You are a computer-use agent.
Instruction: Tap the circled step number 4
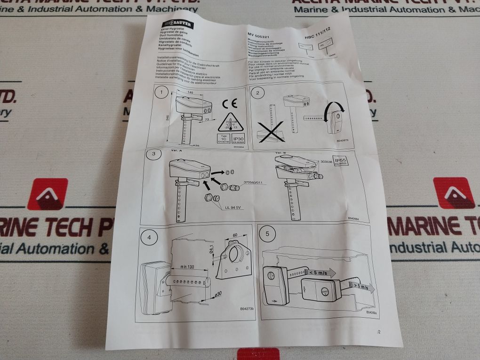coord(149,237)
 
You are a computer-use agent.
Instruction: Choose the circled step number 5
coord(268,233)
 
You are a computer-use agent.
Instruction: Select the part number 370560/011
coord(254,182)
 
